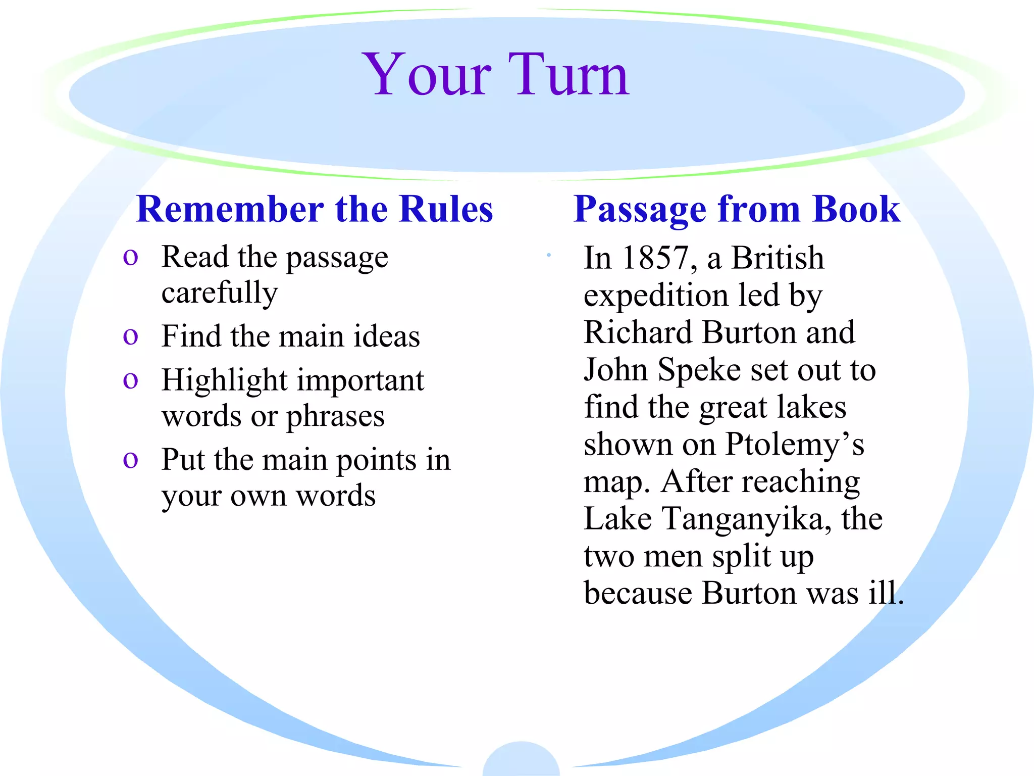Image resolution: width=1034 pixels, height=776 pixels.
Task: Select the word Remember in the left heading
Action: pyautogui.click(x=230, y=209)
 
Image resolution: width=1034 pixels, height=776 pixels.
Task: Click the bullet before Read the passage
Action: pyautogui.click(x=130, y=258)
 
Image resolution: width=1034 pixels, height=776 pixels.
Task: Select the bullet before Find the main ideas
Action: pyautogui.click(x=130, y=336)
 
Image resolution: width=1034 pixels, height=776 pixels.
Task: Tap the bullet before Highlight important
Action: pyautogui.click(x=130, y=380)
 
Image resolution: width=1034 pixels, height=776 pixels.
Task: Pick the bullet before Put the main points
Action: pyautogui.click(x=130, y=460)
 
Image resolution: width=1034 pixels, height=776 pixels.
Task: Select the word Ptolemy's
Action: pyautogui.click(x=795, y=445)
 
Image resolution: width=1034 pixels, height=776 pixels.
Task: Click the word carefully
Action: pyautogui.click(x=220, y=293)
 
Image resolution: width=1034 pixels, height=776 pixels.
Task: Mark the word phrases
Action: pyautogui.click(x=335, y=417)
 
